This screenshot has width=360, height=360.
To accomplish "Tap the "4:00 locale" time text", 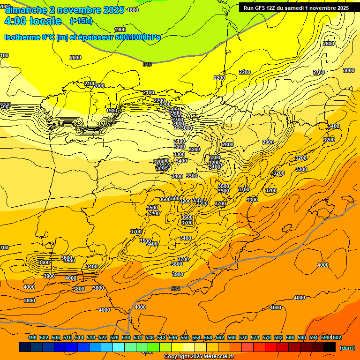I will [33, 21].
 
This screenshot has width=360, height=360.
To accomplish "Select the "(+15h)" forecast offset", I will [81, 21].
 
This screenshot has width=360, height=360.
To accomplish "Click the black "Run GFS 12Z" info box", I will [296, 7].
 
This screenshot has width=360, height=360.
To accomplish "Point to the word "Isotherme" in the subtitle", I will [22, 37].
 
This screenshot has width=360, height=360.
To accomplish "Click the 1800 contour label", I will [133, 10].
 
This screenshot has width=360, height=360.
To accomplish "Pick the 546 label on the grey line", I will [147, 64].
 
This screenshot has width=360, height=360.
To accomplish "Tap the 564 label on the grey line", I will [176, 289].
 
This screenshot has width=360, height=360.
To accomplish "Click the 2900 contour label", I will [268, 142].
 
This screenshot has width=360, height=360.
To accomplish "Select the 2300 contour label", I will [165, 104].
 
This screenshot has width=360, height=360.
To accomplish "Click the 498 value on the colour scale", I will [32, 337].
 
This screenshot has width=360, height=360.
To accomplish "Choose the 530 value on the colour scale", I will [126, 337].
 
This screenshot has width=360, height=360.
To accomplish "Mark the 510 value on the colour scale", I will [67, 337].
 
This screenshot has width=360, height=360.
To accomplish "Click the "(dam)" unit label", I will [347, 347].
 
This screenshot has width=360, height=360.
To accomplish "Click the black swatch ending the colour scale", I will [329, 347].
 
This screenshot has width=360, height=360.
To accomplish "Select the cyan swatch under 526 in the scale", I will [118, 347].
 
